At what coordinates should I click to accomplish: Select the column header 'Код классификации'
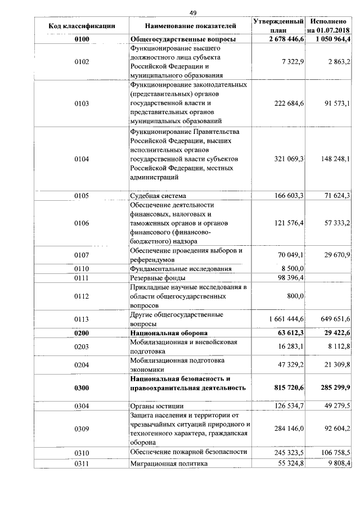[82, 25]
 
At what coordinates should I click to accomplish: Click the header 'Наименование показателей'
[190, 25]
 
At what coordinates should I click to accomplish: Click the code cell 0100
[82, 39]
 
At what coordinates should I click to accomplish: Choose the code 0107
[82, 255]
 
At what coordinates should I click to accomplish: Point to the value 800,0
[295, 296]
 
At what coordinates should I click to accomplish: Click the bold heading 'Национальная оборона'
[169, 333]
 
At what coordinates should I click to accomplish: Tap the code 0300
[82, 388]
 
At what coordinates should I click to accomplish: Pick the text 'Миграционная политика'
[169, 463]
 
